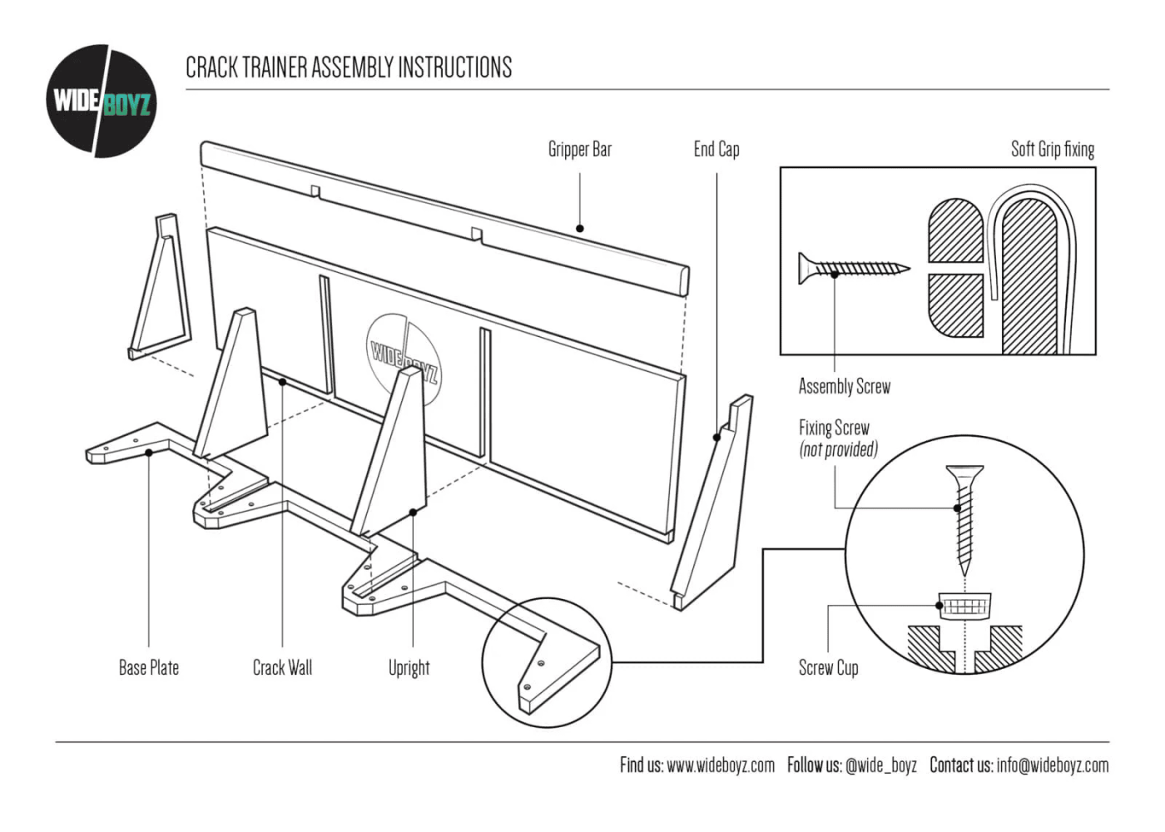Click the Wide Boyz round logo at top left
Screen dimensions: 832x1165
tap(101, 102)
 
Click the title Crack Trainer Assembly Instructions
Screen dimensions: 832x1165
tap(349, 67)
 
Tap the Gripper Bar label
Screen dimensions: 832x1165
tap(580, 150)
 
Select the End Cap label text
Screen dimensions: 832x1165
tap(716, 150)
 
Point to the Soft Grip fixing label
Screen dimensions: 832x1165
tap(1052, 150)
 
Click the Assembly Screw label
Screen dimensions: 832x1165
tap(844, 386)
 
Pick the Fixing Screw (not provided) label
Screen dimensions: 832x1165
tap(837, 438)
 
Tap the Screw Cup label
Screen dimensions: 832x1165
tap(828, 668)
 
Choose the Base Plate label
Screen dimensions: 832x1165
tap(149, 668)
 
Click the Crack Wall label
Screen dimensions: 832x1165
tap(282, 668)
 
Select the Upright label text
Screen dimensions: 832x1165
tap(409, 668)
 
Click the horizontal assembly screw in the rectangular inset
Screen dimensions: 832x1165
tap(853, 268)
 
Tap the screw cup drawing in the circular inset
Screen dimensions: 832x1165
tap(965, 604)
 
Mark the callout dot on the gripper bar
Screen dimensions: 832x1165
tap(580, 228)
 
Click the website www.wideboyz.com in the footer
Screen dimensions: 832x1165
tap(721, 765)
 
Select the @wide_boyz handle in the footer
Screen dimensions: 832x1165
tap(880, 765)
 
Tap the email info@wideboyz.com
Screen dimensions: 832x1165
tap(1052, 765)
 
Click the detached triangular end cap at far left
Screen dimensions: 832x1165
tap(161, 287)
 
